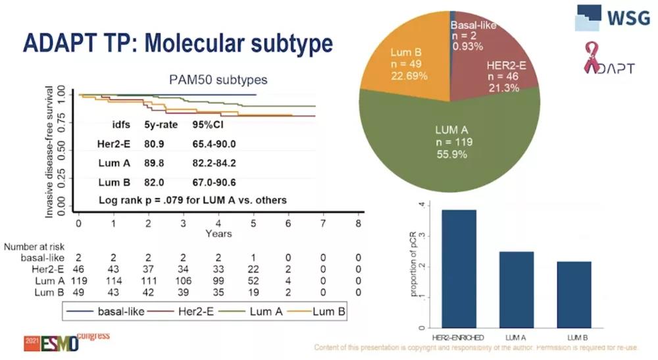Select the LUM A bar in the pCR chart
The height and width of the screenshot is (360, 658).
click(x=519, y=290)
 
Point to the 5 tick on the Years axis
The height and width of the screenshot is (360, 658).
click(x=253, y=224)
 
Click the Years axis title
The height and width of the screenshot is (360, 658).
click(x=218, y=234)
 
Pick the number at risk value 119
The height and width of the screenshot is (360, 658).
click(x=78, y=281)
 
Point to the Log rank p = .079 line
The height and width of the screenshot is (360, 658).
click(x=193, y=199)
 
